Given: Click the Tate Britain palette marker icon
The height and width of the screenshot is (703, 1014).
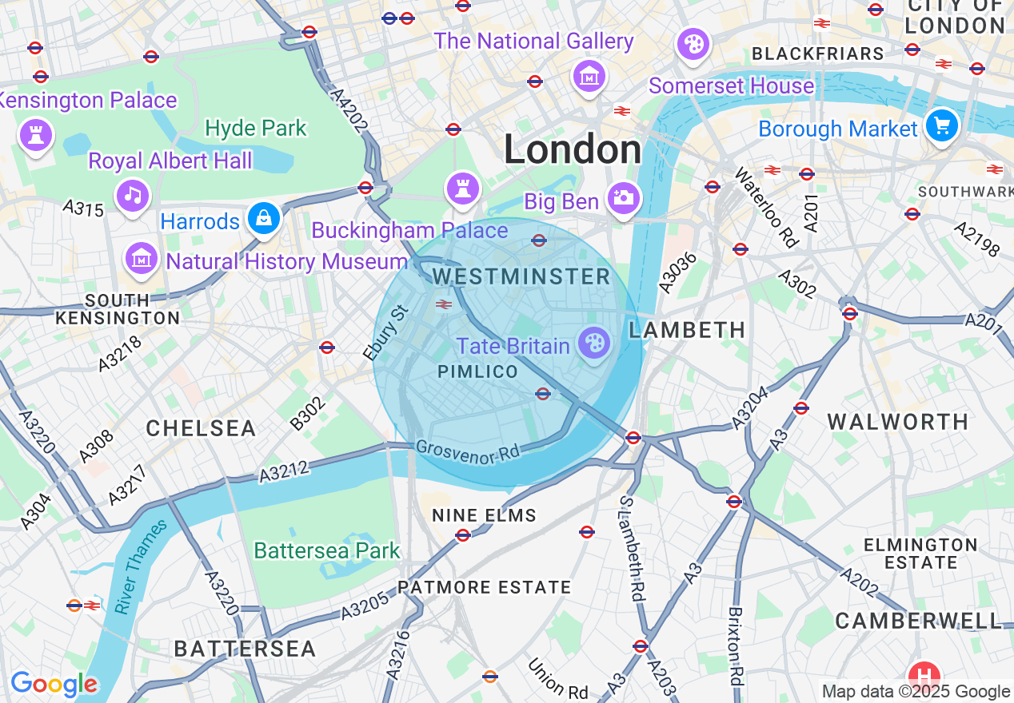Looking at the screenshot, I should pos(594,344).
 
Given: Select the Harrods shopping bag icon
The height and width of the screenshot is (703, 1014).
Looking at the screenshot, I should pos(263,216).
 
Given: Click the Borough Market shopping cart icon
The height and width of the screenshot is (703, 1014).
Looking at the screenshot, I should pos(942,125).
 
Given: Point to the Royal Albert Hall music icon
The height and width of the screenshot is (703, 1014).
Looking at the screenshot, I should pos(133,194).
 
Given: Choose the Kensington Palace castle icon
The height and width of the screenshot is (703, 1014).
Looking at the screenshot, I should pos(35,133).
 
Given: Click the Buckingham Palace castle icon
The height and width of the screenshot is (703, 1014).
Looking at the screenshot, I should pos(463,188).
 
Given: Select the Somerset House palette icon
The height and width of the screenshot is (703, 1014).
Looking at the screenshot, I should pos(693,43).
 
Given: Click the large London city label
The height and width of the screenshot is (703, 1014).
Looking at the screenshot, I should pos(573,150).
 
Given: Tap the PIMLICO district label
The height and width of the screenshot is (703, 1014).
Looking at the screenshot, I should pos(478,372).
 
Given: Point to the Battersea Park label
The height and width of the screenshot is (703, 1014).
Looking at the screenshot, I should pos(327,550).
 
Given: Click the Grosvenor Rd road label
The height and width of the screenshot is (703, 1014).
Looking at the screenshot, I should pos(469,452).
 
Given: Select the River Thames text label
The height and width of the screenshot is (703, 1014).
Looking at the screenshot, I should pos(141,567).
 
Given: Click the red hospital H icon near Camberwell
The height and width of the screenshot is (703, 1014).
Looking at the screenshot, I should pos(924,673).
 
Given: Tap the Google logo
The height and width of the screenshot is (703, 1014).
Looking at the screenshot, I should pos(54,684).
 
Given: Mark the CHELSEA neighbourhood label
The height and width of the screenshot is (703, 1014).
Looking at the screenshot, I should pos(201,428).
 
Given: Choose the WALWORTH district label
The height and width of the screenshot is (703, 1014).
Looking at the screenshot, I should pos(897,422).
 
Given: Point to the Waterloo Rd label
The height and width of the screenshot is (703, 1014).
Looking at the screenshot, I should pos(766,208).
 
